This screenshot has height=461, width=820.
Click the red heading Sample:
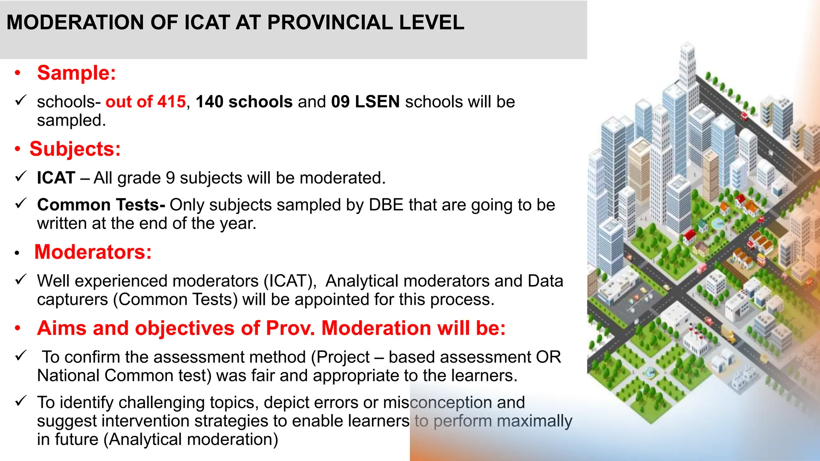pos(76,73)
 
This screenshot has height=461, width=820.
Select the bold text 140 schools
pos(244,102)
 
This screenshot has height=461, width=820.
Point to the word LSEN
pos(377,102)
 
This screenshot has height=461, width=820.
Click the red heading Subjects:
pos(75,149)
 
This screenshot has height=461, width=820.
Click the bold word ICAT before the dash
pos(56,178)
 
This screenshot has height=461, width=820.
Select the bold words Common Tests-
pos(101,205)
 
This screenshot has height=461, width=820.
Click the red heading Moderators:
pos(93,253)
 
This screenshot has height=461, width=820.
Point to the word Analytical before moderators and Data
pos(362,281)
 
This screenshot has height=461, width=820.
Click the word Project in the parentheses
pos(343,357)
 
